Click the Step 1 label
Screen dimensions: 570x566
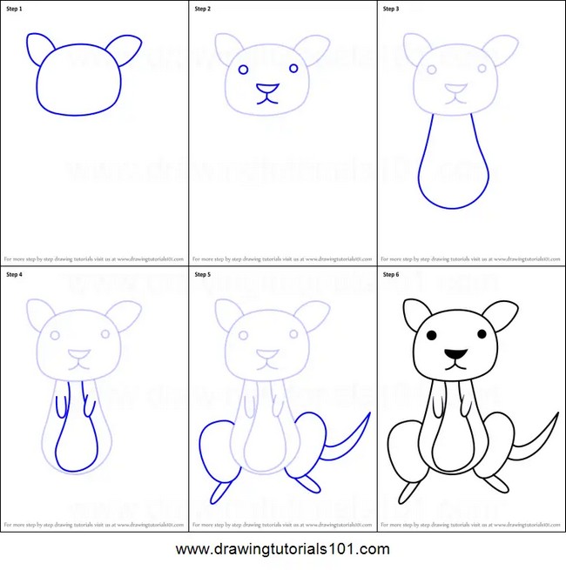(17, 9)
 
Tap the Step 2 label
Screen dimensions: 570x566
(202, 9)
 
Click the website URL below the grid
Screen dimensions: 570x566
(283, 549)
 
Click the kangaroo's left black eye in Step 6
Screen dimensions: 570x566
(431, 334)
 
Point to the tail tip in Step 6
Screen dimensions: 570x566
(556, 415)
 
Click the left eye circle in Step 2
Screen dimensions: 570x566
(243, 69)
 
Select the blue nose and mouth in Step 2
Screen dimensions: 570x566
(267, 92)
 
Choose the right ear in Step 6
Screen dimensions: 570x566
(502, 313)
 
